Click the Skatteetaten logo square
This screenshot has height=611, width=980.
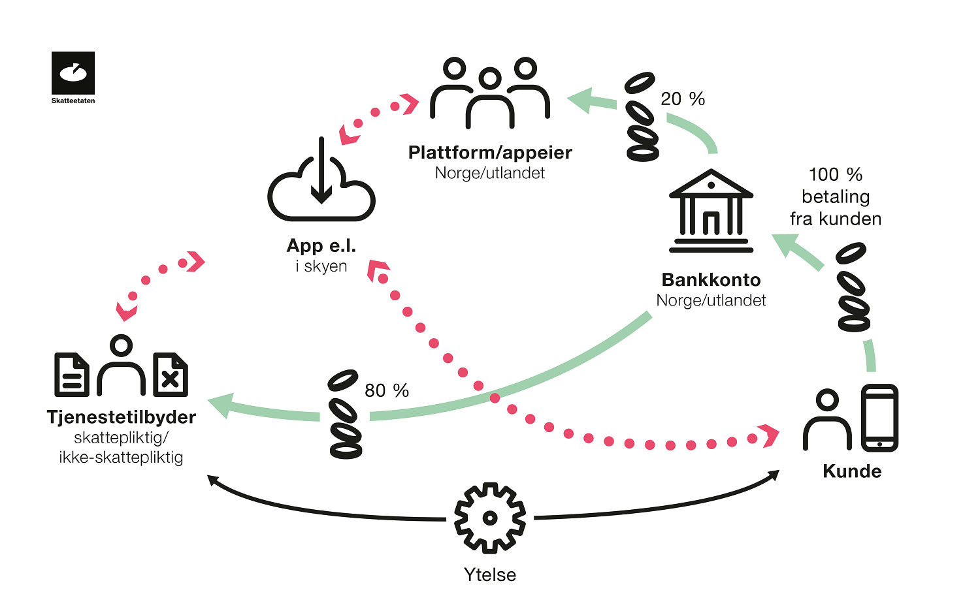73,73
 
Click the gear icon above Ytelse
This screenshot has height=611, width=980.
490,518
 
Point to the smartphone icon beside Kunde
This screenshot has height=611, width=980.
879,418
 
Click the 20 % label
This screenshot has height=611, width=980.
683,99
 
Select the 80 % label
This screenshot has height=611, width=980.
387,391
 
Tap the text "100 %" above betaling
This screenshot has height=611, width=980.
836,175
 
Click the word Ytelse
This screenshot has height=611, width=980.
490,575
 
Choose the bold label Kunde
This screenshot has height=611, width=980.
852,471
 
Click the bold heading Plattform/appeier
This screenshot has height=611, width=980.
490,153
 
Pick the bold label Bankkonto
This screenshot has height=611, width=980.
711,279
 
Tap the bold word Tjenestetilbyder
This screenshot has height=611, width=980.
121,417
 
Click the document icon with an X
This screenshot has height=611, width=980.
171,375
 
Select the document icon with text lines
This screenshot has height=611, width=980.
72,375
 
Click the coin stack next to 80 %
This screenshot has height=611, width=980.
345,414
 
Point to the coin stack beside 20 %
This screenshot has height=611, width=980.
642,117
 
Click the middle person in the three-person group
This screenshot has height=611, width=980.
490,99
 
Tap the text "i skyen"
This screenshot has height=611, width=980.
321,266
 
